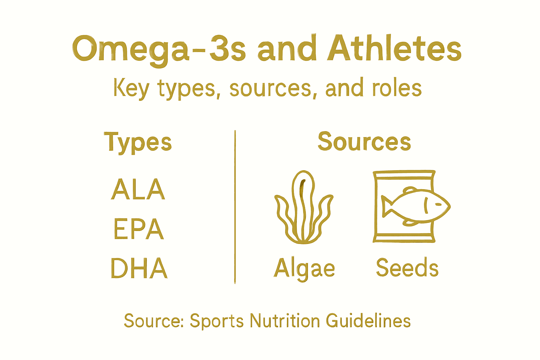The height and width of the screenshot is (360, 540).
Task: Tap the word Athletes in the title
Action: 394,48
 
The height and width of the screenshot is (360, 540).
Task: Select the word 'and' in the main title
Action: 285,49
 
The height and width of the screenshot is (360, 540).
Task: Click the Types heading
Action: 138,142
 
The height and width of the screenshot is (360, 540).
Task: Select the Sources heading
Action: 364,141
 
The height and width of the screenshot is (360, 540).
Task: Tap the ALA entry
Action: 138,189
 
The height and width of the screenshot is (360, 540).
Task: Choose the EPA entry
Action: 139,229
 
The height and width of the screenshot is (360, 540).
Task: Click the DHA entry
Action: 139,268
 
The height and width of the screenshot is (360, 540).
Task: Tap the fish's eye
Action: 438,204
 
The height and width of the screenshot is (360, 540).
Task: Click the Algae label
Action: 304,269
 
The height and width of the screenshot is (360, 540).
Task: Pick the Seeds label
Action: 407,268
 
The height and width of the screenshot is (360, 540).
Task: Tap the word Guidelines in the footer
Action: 368,321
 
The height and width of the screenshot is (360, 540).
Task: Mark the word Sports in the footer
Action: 217,321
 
